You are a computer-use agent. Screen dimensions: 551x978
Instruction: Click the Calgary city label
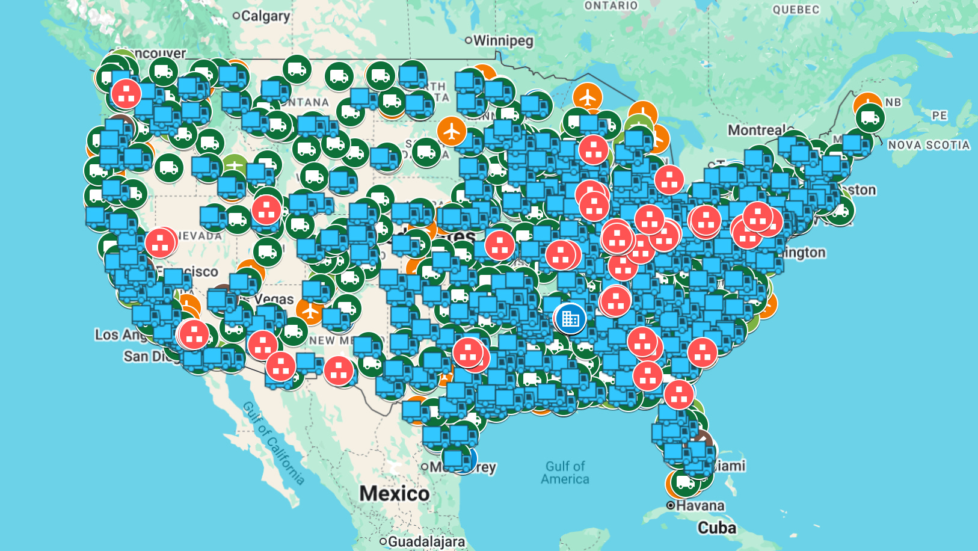265,16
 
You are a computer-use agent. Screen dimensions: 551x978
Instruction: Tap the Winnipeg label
503,41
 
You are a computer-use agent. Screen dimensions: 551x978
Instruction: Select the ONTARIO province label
610,5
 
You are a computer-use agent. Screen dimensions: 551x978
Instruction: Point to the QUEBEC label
796,10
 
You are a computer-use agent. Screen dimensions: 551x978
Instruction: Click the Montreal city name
757,130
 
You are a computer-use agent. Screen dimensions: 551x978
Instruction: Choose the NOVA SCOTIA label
929,145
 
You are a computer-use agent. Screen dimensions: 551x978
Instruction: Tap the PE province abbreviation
940,115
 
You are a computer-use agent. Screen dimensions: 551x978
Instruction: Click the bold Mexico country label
395,494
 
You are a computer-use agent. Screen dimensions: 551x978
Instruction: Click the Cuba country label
716,528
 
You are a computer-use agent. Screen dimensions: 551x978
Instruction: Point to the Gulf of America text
565,473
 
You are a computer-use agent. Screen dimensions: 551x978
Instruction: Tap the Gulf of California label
274,443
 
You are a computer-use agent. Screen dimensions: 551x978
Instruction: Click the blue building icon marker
570,318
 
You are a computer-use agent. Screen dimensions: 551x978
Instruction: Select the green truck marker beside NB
870,118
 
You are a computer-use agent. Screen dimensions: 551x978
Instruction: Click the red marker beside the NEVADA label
160,242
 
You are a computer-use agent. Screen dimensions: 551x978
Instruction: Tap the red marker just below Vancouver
126,94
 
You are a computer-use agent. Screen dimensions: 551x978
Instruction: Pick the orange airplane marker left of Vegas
310,311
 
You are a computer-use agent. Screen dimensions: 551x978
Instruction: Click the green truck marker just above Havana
685,482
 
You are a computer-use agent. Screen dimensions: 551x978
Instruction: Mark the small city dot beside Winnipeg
469,40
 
